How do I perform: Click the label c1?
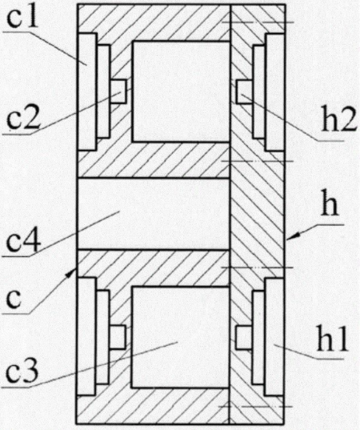pyautogui.click(x=22, y=18)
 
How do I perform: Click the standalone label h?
pyautogui.click(x=330, y=207)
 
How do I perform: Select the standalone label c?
pyautogui.click(x=14, y=299)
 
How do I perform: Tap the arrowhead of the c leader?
pyautogui.click(x=72, y=273)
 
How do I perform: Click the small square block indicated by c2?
pyautogui.click(x=118, y=91)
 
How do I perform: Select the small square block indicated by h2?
pyautogui.click(x=244, y=91)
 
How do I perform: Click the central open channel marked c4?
pyautogui.click(x=154, y=214)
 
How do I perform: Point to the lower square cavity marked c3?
pyautogui.click(x=181, y=337)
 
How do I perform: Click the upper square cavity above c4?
pyautogui.click(x=181, y=91)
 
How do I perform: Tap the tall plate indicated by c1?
pyautogui.click(x=87, y=91)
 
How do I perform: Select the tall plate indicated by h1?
pyautogui.click(x=274, y=337)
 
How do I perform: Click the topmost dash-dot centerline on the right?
pyautogui.click(x=258, y=22)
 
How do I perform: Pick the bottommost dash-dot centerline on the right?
pyautogui.click(x=255, y=407)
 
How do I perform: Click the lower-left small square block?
pyautogui.click(x=118, y=337)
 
